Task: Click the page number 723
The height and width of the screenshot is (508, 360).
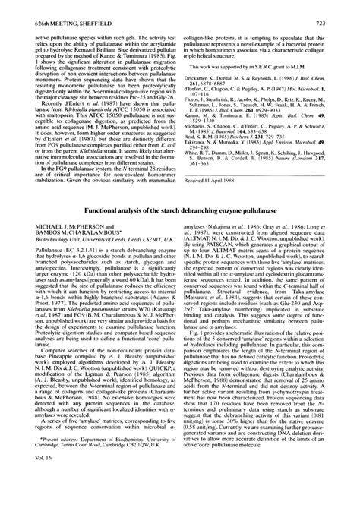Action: (x=343, y=6)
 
